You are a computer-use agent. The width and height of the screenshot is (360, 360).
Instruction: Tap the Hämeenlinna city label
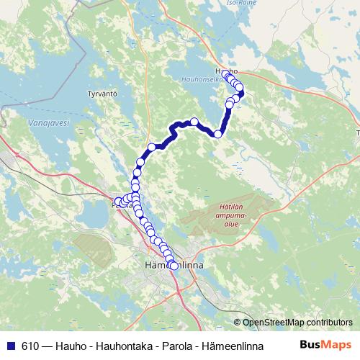point(175,265)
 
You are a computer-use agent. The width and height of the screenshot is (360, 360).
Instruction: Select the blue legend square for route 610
point(9,344)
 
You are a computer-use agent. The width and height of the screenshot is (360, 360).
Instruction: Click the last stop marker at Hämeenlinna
point(174,266)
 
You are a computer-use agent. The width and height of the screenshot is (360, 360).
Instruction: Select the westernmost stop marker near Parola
point(119,202)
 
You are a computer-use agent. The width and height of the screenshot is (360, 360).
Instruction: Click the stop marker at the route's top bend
point(194,122)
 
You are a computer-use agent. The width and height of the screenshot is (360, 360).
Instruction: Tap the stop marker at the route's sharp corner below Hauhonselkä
point(217,134)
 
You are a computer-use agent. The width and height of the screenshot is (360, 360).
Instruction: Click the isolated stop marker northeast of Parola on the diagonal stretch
point(152,148)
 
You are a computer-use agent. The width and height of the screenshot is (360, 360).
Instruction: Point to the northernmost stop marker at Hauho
point(227,75)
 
